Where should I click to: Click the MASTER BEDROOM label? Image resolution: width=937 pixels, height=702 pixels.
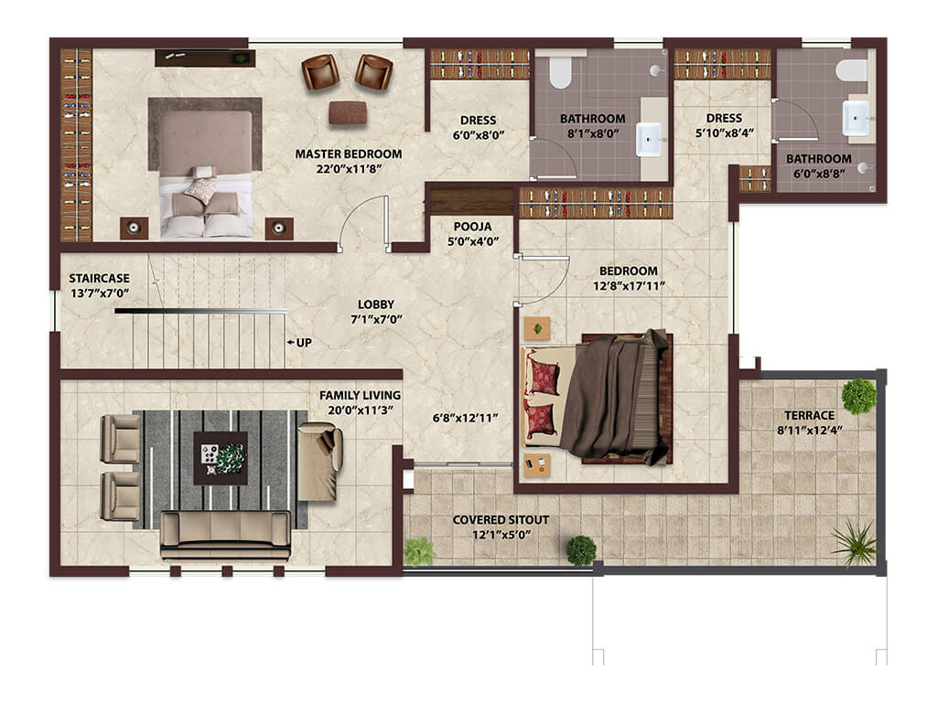click(x=349, y=154)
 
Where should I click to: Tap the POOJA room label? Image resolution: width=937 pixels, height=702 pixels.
click(x=472, y=227)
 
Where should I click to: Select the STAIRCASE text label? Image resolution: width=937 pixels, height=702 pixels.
click(x=99, y=278)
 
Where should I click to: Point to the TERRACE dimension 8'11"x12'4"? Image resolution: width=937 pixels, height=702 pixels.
click(x=809, y=430)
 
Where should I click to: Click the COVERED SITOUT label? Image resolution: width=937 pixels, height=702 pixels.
click(x=501, y=520)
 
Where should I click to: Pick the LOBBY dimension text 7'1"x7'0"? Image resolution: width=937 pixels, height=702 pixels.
click(x=376, y=319)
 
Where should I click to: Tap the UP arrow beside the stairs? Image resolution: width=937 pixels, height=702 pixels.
click(x=290, y=343)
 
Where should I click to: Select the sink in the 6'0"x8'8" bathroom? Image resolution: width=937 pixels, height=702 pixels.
click(x=856, y=118)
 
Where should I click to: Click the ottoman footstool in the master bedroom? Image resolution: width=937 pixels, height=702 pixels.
click(x=347, y=112)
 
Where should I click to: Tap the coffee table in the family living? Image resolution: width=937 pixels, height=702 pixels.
click(x=221, y=458)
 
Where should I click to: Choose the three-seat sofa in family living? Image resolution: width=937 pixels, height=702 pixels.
click(x=225, y=536)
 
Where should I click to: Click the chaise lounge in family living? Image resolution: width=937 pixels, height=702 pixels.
click(x=319, y=462)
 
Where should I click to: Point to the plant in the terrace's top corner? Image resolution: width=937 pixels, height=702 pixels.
click(x=859, y=395)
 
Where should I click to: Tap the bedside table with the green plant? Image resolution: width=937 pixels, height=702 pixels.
click(x=536, y=328)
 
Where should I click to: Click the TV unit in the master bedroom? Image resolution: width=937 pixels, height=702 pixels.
click(x=205, y=58)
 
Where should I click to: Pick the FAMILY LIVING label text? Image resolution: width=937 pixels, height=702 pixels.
click(x=360, y=395)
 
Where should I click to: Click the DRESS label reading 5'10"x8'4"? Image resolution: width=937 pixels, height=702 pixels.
click(x=725, y=125)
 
